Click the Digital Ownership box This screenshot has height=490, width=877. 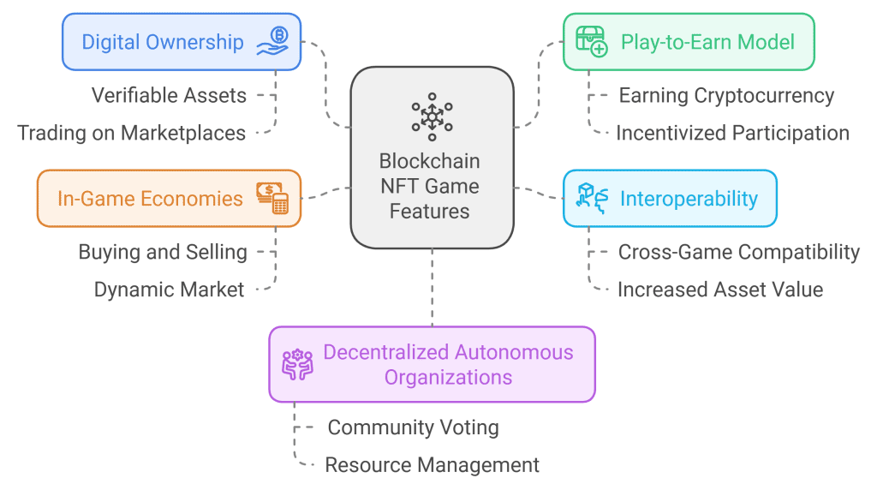(x=181, y=41)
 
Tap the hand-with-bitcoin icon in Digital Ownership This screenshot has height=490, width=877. (x=273, y=41)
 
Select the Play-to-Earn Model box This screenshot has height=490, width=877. (x=688, y=41)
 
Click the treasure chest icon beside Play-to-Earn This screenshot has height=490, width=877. (x=592, y=41)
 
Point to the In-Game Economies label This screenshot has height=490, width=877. (x=150, y=199)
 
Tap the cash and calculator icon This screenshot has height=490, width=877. (x=272, y=198)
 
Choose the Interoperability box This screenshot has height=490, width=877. (x=670, y=199)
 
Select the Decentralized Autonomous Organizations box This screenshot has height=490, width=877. (x=432, y=364)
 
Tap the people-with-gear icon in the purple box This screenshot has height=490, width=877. (x=298, y=364)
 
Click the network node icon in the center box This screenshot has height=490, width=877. (x=432, y=117)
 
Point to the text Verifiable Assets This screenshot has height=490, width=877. (x=169, y=95)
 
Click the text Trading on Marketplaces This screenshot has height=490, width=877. (x=132, y=133)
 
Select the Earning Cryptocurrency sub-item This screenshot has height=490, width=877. (x=726, y=95)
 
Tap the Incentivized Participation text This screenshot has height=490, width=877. (x=732, y=133)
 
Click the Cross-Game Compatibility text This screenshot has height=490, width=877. (x=738, y=252)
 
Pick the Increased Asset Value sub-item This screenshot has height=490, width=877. (x=719, y=290)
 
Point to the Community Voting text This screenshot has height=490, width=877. (x=413, y=427)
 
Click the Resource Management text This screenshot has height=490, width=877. (x=432, y=465)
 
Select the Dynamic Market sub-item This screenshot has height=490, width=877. (x=169, y=290)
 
